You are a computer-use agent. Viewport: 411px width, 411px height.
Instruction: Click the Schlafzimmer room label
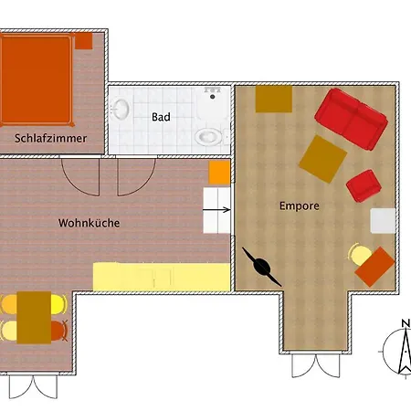coord(51,139)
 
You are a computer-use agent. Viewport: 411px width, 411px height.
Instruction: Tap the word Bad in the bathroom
coord(161,117)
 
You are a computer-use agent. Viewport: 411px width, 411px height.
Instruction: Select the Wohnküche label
coord(89,222)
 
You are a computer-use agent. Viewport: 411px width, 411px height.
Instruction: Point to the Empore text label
coord(299,205)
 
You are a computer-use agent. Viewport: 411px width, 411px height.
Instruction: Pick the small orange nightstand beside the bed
coord(83,40)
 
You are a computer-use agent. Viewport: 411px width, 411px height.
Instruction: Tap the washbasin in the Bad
coord(120,111)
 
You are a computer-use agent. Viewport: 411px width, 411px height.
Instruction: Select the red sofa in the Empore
coord(353,118)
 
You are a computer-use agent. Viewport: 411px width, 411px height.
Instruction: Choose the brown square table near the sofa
coord(322,158)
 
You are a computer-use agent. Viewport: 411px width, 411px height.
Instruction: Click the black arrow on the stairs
coord(219,209)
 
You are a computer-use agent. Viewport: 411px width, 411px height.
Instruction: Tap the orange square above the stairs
coord(219,172)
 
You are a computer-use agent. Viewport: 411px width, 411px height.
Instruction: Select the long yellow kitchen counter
coord(162,274)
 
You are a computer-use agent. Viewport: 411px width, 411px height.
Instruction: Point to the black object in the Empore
coord(260,265)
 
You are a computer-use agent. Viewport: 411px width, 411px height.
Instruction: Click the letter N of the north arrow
coord(405,323)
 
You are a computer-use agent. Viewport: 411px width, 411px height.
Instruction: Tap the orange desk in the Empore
coord(374,266)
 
